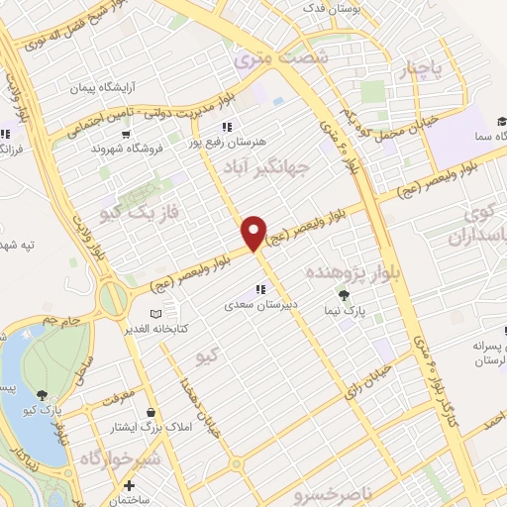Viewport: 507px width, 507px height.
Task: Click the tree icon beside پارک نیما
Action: (344, 295)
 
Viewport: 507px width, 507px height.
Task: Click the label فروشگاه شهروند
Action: (125, 148)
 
